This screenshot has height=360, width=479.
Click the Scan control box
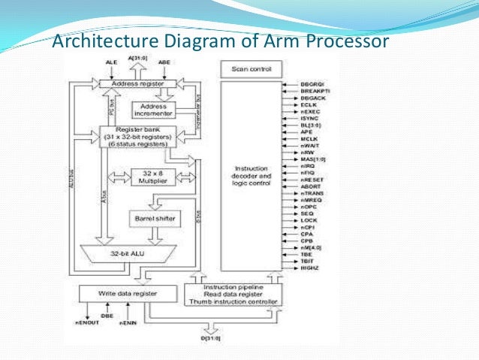[x=251, y=70]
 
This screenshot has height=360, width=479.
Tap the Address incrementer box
[x=152, y=110]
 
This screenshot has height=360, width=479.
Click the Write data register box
[x=118, y=292]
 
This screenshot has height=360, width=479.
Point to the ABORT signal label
[x=310, y=186]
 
